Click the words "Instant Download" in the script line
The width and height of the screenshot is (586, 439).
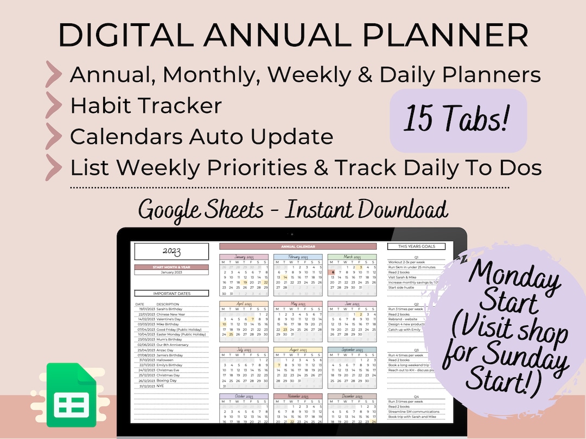coord(367,210)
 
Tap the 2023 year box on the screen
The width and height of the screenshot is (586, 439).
coord(171,251)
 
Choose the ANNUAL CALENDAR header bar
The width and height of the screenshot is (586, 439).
coord(298,247)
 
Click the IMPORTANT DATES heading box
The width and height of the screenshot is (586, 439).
coord(171,293)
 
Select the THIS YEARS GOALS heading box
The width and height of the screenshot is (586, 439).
coord(416,247)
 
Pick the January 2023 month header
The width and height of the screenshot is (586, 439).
coord(244,257)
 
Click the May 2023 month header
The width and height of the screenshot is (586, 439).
coord(298,304)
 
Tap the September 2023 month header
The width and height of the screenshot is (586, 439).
coord(352,351)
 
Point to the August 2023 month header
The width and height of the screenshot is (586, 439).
coord(298,351)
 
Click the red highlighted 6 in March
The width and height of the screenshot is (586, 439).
coord(333,273)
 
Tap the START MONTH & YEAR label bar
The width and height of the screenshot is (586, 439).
coord(171,267)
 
